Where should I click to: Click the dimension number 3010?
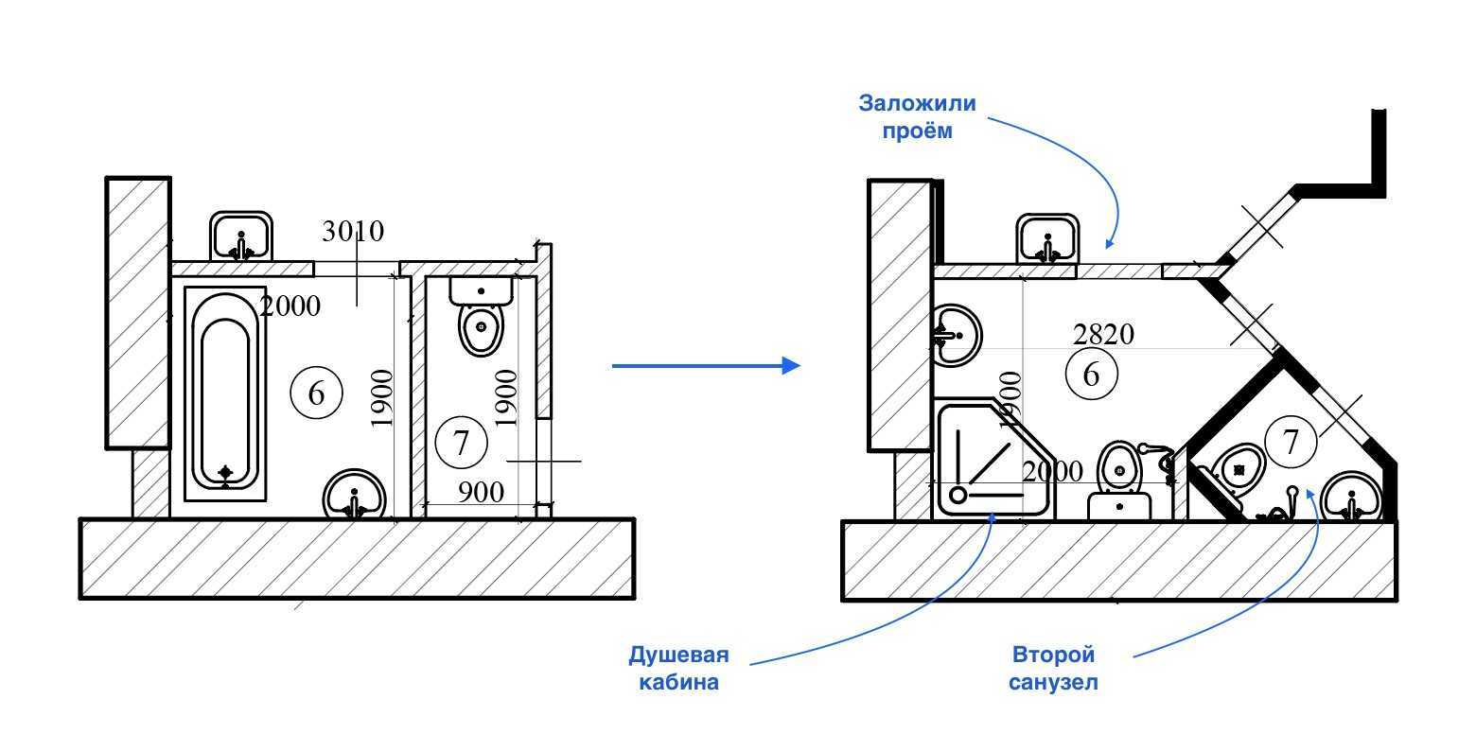point(353,232)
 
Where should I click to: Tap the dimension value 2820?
point(1103,334)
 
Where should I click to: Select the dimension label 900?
point(481,492)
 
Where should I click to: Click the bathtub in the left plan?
point(225,393)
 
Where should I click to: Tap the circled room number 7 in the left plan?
point(461,442)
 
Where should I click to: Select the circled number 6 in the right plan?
point(1091,375)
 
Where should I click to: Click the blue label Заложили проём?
point(904,116)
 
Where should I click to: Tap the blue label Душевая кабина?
point(678,668)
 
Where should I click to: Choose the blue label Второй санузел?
point(1053,668)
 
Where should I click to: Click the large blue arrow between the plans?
point(706,365)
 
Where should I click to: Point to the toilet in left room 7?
point(482,317)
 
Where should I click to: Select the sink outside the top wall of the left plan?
point(241,237)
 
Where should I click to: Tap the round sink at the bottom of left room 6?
point(354,495)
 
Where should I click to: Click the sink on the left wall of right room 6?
point(957,334)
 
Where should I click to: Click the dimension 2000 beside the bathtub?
point(290,306)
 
